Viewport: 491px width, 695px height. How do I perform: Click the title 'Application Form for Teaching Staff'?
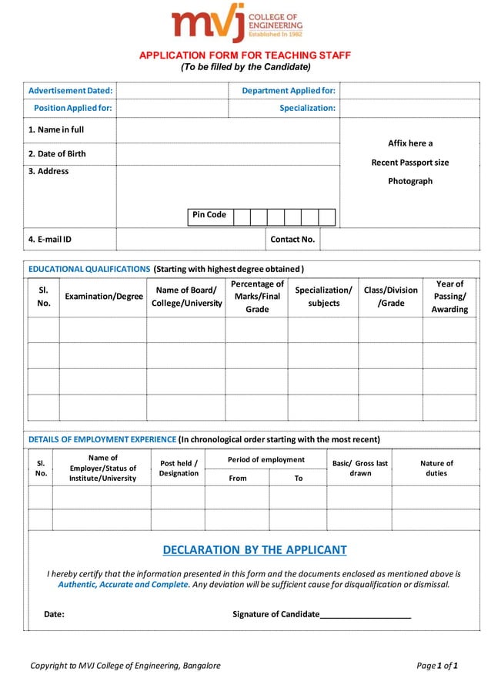coord(244,55)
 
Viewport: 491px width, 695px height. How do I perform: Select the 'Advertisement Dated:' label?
coord(71,91)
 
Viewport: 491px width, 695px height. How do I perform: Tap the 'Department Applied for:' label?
coord(289,91)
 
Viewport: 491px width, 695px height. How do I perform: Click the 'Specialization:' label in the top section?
coord(307,108)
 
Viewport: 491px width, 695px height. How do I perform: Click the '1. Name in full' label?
coord(56,129)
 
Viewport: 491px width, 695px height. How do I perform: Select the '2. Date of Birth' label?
coord(57,153)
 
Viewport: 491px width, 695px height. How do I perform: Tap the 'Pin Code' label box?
coord(209,215)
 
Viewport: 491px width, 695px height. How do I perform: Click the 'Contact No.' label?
coord(292,240)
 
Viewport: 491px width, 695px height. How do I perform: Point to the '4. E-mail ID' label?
coord(50,240)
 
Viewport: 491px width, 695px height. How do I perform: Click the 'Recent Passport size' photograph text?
coord(410,163)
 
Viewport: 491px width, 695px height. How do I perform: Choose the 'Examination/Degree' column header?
coord(104,297)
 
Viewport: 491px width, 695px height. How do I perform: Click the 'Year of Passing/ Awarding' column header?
coord(449,297)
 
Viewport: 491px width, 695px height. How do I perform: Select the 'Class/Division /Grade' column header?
coord(391,297)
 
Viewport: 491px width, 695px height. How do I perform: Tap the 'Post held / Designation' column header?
coord(179,468)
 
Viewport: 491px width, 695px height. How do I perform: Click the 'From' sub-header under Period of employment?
coord(238,478)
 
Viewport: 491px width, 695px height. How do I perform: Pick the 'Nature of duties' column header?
coord(436,468)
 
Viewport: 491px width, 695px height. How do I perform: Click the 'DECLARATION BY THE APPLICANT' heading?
coord(255,550)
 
